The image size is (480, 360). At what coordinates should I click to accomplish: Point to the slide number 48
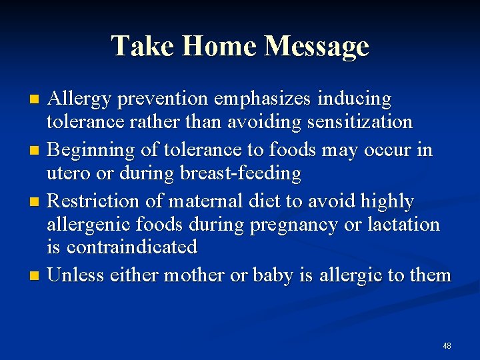447,346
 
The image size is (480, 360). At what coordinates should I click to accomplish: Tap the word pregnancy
293,225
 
